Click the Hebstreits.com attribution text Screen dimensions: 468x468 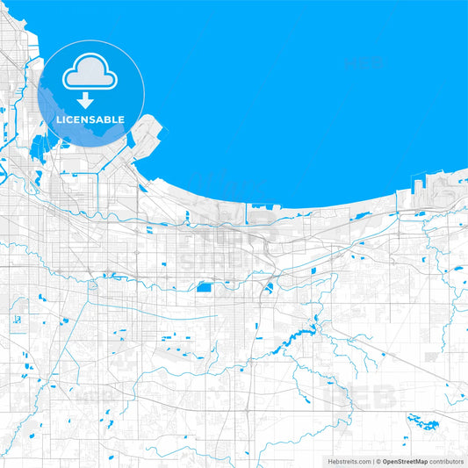point(349,460)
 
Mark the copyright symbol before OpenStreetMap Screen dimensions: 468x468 point(376,460)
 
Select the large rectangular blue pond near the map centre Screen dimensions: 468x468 point(205,286)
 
